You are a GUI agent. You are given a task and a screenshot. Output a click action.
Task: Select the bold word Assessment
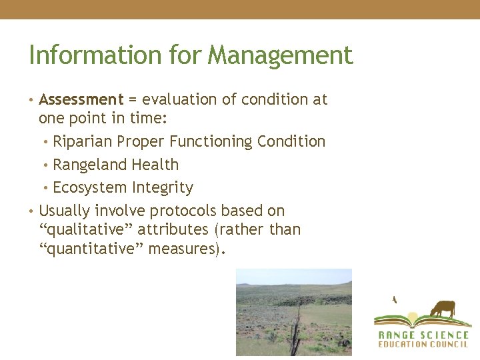click(81, 100)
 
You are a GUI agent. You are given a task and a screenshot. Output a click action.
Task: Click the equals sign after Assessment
click(133, 100)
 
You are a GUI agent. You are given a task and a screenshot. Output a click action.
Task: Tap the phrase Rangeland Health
click(115, 165)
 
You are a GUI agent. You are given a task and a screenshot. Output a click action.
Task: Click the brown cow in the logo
click(442, 309)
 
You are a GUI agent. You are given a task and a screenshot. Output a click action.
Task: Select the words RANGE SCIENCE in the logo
click(423, 335)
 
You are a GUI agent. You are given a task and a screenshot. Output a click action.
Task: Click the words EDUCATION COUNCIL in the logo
click(423, 345)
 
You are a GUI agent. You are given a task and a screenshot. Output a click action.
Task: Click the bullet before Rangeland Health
click(47, 165)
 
